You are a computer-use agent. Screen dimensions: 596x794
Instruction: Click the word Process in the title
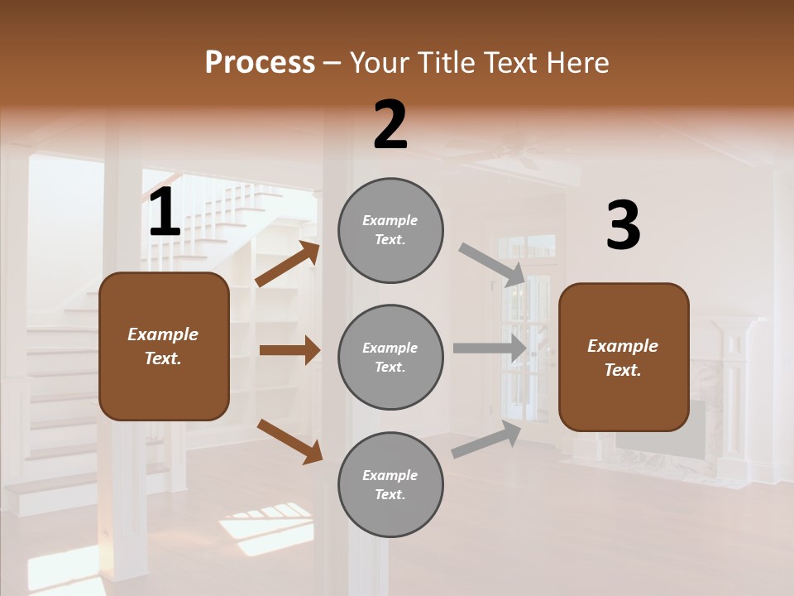(260, 63)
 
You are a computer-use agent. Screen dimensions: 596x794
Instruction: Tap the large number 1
(165, 214)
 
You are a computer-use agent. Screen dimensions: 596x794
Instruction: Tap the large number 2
(390, 125)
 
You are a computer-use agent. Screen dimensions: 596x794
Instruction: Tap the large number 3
(623, 226)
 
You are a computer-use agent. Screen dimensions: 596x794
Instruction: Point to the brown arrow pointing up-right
(288, 264)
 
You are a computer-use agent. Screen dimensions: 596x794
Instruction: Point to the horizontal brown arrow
(289, 350)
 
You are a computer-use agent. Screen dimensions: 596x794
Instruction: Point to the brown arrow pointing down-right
(289, 441)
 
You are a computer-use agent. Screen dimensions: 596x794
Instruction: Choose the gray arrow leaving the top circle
(491, 265)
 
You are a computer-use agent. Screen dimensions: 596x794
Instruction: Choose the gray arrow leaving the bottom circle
(486, 440)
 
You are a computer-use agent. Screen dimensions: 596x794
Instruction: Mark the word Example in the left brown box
(163, 334)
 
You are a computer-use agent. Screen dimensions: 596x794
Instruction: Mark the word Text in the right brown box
(621, 370)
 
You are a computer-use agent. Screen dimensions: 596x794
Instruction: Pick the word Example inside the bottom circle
(390, 475)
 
